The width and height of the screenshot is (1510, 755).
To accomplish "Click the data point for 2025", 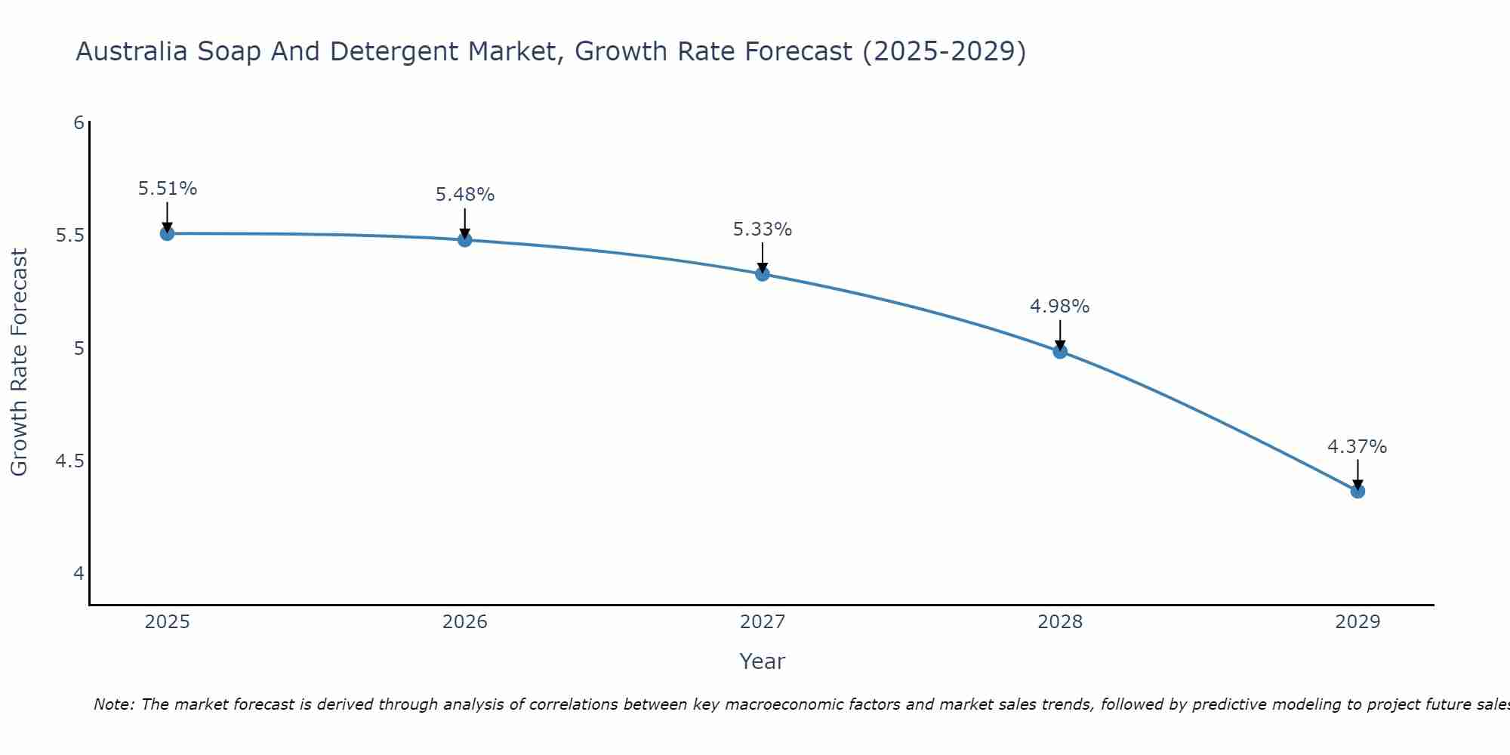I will pyautogui.click(x=168, y=233).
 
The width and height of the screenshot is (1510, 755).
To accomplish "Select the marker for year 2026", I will pyautogui.click(x=465, y=240).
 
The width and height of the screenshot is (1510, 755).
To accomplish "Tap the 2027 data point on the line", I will pyautogui.click(x=763, y=274).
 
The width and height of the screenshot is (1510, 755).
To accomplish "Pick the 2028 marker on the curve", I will pyautogui.click(x=1060, y=351).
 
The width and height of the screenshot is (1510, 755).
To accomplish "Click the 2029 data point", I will pyautogui.click(x=1357, y=492).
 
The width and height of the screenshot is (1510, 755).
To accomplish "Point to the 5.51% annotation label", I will pyautogui.click(x=168, y=189).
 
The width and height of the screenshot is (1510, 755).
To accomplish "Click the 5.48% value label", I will pyautogui.click(x=465, y=195).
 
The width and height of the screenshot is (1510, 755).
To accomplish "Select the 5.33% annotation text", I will pyautogui.click(x=763, y=230).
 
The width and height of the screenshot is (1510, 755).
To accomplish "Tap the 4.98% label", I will pyautogui.click(x=1060, y=307).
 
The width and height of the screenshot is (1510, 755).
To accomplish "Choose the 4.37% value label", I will pyautogui.click(x=1357, y=447).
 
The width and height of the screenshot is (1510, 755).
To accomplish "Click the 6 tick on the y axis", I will pyautogui.click(x=79, y=122).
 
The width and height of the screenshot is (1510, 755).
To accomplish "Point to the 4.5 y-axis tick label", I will pyautogui.click(x=69, y=461).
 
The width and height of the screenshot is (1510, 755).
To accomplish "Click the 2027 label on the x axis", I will pyautogui.click(x=763, y=622).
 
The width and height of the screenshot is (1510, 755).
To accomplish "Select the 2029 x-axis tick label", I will pyautogui.click(x=1357, y=622).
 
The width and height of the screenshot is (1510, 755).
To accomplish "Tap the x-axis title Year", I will pyautogui.click(x=763, y=661).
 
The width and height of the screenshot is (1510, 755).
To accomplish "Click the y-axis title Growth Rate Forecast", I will pyautogui.click(x=19, y=362).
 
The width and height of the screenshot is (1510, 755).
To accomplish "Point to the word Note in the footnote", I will pyautogui.click(x=113, y=704).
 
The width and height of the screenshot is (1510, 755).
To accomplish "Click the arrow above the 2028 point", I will pyautogui.click(x=1060, y=334).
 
